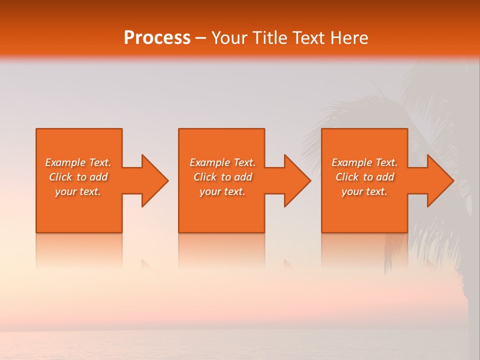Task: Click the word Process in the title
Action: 157,38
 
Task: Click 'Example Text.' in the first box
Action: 78,162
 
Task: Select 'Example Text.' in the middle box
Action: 222,162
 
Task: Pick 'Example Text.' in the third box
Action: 364,162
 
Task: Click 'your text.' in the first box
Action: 78,191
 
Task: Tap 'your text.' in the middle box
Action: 222,191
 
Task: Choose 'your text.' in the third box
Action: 364,191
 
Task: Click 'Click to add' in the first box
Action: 78,177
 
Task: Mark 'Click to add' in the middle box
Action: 222,177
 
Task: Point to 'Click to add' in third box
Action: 364,177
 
